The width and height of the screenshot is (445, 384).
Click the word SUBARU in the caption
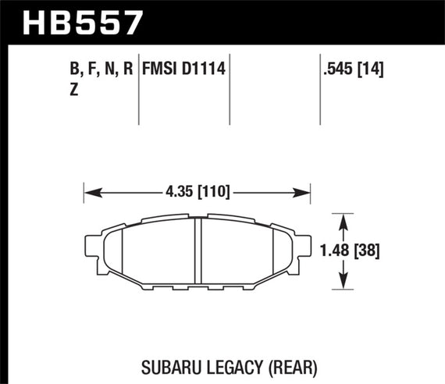point(172,364)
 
